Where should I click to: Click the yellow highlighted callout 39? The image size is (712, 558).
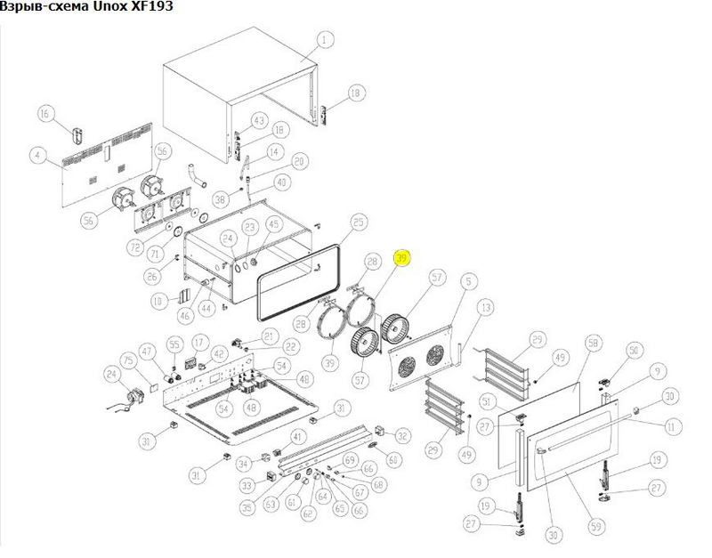[401, 258]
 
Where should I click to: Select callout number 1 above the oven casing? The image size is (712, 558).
[324, 39]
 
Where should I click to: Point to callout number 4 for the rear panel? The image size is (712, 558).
[36, 156]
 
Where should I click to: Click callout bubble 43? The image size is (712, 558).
[259, 120]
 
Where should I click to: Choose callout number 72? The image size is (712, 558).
[135, 245]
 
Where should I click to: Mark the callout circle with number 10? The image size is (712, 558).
[157, 302]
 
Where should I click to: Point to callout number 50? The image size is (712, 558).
[634, 352]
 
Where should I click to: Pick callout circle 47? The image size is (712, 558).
[147, 351]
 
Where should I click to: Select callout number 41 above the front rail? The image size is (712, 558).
[298, 436]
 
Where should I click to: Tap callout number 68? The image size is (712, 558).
[379, 485]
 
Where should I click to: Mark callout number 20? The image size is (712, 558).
[298, 161]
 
